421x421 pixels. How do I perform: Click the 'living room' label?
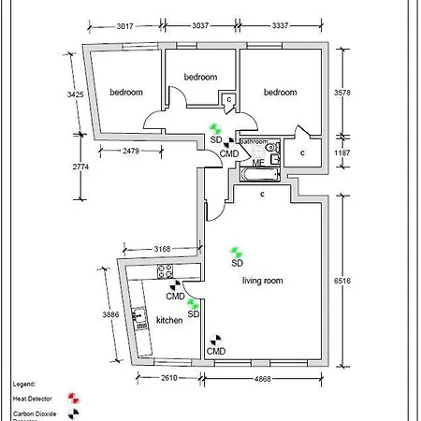262,281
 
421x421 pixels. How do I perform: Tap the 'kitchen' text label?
169,321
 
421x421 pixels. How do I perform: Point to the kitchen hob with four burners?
167,272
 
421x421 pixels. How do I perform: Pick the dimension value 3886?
111,315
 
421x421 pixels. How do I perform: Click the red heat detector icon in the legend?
73,398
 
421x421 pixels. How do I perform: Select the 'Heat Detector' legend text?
31,399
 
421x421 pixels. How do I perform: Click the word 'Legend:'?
24,384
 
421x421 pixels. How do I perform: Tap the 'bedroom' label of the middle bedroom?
200,77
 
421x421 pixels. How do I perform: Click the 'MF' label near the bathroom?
232,163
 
